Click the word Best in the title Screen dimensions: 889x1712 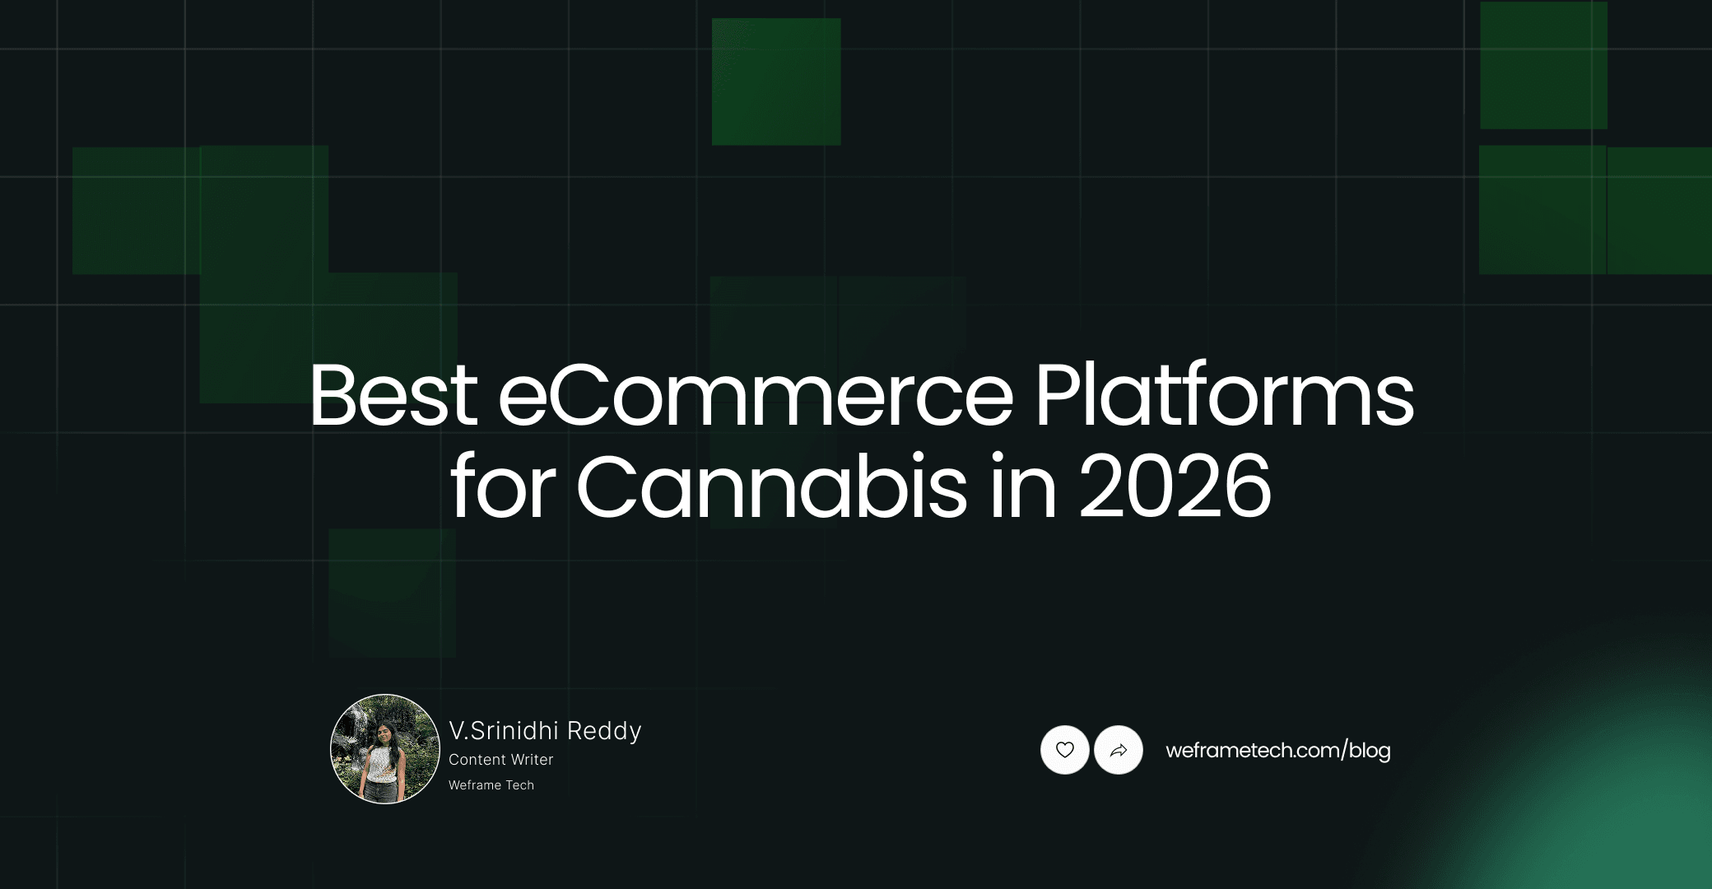[393, 397]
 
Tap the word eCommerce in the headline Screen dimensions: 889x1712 [756, 397]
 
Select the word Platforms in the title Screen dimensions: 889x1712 [1224, 397]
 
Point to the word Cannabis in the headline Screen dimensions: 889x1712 [771, 487]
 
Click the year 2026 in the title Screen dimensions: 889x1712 [1175, 487]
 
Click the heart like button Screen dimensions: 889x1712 [1065, 750]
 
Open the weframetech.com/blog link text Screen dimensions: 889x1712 [1277, 751]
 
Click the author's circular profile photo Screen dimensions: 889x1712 [385, 749]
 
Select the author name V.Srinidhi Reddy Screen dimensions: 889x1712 [545, 731]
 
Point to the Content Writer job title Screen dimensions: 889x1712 [500, 760]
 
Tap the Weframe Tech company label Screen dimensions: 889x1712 [491, 785]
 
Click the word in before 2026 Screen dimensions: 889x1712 [1023, 487]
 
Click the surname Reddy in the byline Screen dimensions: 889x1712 [604, 731]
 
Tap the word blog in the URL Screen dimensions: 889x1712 [1370, 751]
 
